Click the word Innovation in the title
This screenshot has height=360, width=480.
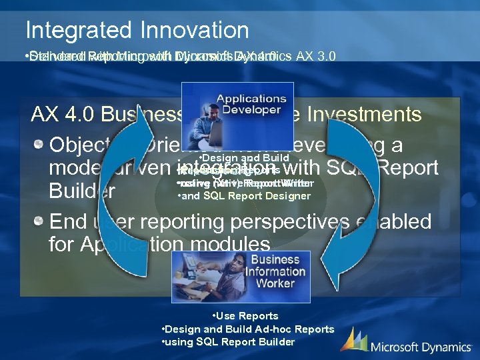coord(193,30)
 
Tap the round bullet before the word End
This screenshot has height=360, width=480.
coord(41,221)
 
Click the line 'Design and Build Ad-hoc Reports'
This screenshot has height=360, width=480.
coord(248,329)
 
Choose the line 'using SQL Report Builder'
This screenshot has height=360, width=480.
coord(229,342)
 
